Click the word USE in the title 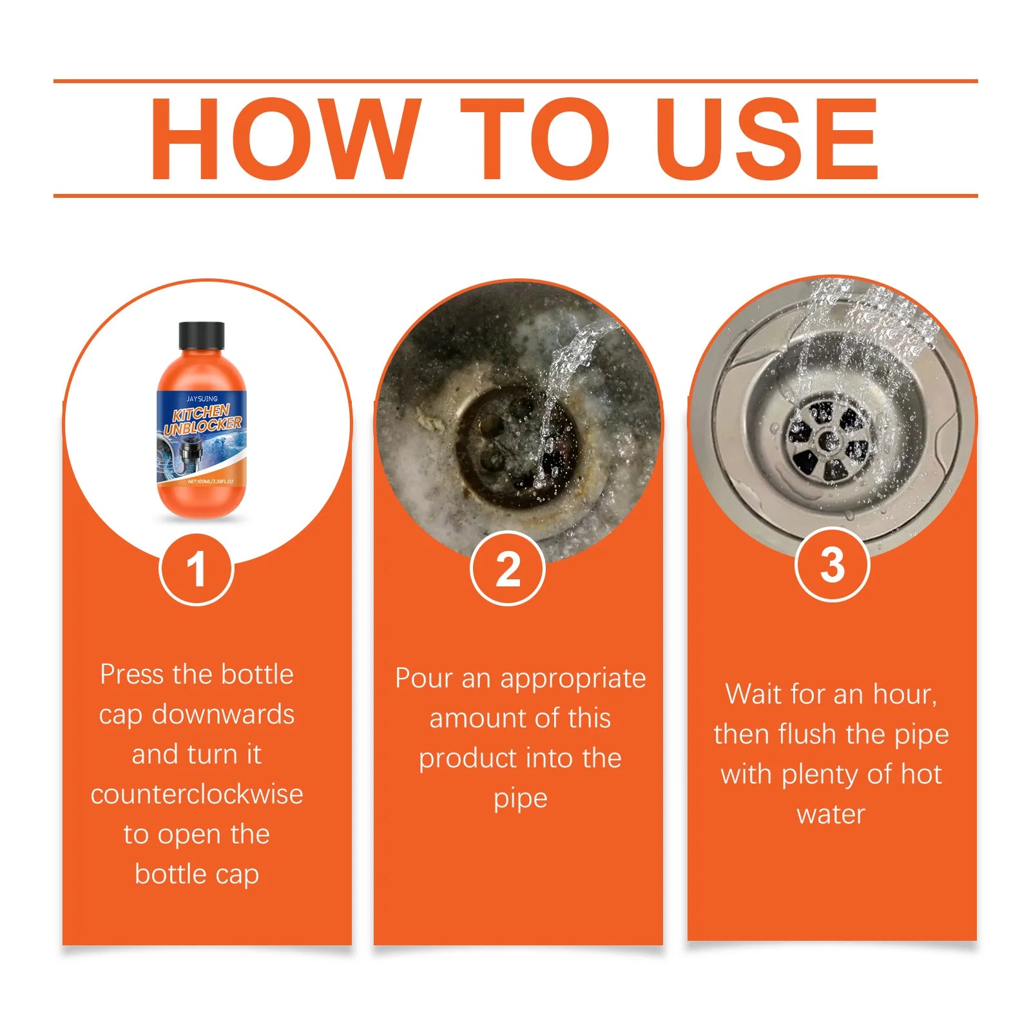[767, 139]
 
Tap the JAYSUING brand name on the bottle [202, 399]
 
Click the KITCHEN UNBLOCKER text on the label [202, 419]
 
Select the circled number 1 [197, 569]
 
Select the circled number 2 [508, 569]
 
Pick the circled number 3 [833, 565]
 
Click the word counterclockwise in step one [197, 795]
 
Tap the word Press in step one [131, 675]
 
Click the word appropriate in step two [573, 679]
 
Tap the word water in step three [831, 814]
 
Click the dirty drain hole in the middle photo [515, 445]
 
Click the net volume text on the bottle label [210, 481]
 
